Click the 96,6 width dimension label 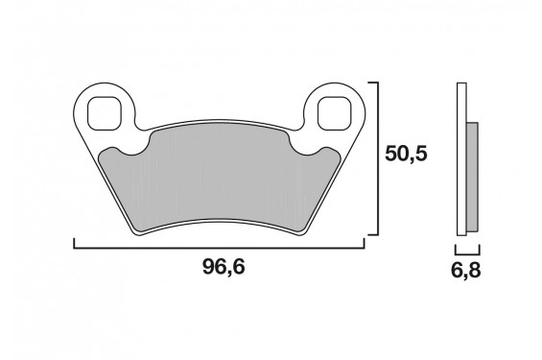pyautogui.click(x=224, y=267)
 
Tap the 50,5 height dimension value pyautogui.click(x=406, y=154)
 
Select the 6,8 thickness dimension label pyautogui.click(x=465, y=271)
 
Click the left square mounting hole pyautogui.click(x=105, y=113)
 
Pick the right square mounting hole pyautogui.click(x=335, y=113)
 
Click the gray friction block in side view pyautogui.click(x=472, y=178)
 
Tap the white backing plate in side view pyautogui.click(x=461, y=159)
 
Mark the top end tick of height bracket pyautogui.click(x=373, y=83)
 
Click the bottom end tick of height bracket pyautogui.click(x=373, y=235)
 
